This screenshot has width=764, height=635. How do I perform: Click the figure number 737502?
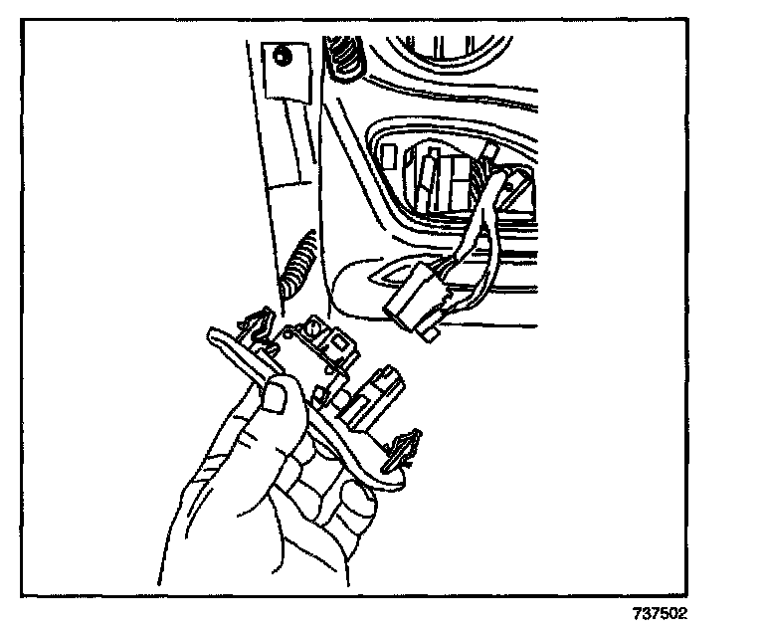click(x=658, y=614)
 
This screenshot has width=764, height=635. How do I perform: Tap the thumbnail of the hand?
click(x=277, y=400)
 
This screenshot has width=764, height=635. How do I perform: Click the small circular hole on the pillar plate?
click(x=283, y=57)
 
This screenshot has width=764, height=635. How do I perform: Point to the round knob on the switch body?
click(x=312, y=329)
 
